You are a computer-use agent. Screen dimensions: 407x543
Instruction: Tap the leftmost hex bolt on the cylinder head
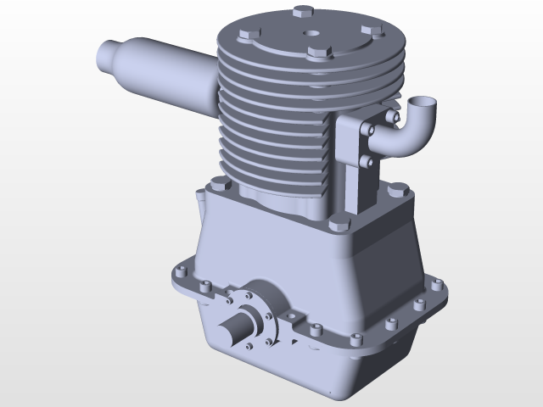(x=247, y=35)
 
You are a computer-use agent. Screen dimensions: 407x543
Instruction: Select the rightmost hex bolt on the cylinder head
(x=369, y=30)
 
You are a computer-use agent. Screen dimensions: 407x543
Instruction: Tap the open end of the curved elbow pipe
(x=422, y=105)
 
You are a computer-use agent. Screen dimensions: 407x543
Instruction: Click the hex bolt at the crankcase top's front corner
(x=338, y=224)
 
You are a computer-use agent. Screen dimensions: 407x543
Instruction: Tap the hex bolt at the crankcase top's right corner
(x=397, y=184)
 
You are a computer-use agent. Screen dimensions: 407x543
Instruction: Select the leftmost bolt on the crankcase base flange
(x=180, y=273)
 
